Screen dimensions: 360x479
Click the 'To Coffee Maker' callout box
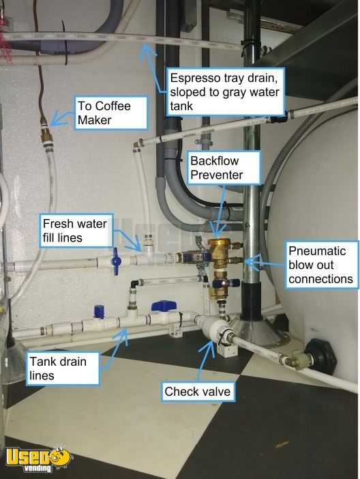pyautogui.click(x=111, y=113)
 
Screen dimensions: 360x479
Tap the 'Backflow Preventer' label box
pyautogui.click(x=224, y=167)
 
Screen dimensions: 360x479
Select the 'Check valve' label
pyautogui.click(x=198, y=392)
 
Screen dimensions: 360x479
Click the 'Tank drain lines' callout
pyautogui.click(x=63, y=368)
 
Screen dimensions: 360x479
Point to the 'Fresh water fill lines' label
pyautogui.click(x=76, y=231)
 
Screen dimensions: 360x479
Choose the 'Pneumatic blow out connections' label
pyautogui.click(x=322, y=265)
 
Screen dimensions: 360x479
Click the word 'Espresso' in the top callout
pyautogui.click(x=196, y=78)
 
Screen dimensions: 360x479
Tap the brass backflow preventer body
pyautogui.click(x=219, y=253)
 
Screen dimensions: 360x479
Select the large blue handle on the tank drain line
pyautogui.click(x=164, y=306)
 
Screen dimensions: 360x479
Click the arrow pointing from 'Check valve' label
pyautogui.click(x=205, y=361)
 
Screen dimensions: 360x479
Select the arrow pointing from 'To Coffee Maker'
pyautogui.click(x=63, y=118)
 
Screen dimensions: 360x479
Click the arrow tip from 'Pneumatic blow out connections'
pyautogui.click(x=245, y=262)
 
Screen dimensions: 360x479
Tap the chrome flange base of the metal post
pyautogui.click(x=260, y=332)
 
